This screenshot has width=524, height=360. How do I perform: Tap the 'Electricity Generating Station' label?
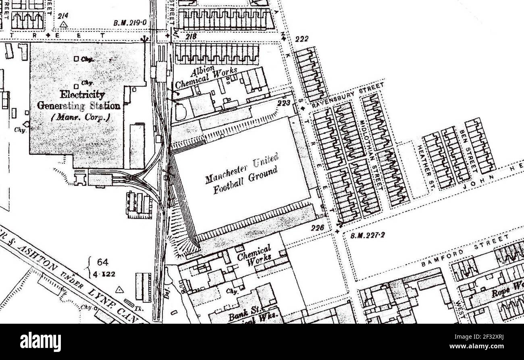click(78, 100)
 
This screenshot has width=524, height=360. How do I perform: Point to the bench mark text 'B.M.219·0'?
click(130, 23)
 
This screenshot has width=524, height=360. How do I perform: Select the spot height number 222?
click(302, 39)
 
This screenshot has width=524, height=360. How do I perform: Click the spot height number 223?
click(284, 104)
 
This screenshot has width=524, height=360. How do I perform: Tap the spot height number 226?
click(318, 228)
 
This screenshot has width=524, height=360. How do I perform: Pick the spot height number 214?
click(63, 16)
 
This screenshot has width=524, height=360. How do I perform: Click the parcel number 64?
click(102, 262)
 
